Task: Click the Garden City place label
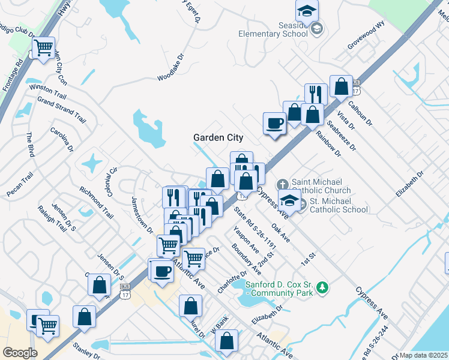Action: pos(218,137)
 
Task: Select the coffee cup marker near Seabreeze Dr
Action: pos(275,124)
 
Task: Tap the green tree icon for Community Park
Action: pos(323,289)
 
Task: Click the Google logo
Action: pos(19,352)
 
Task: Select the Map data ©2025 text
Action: pos(424,355)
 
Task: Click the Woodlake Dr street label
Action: pos(170,70)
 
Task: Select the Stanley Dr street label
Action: pos(86,350)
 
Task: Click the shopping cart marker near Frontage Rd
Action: pos(43,48)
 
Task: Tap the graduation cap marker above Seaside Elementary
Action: pos(307,10)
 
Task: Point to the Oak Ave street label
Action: pos(280,233)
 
